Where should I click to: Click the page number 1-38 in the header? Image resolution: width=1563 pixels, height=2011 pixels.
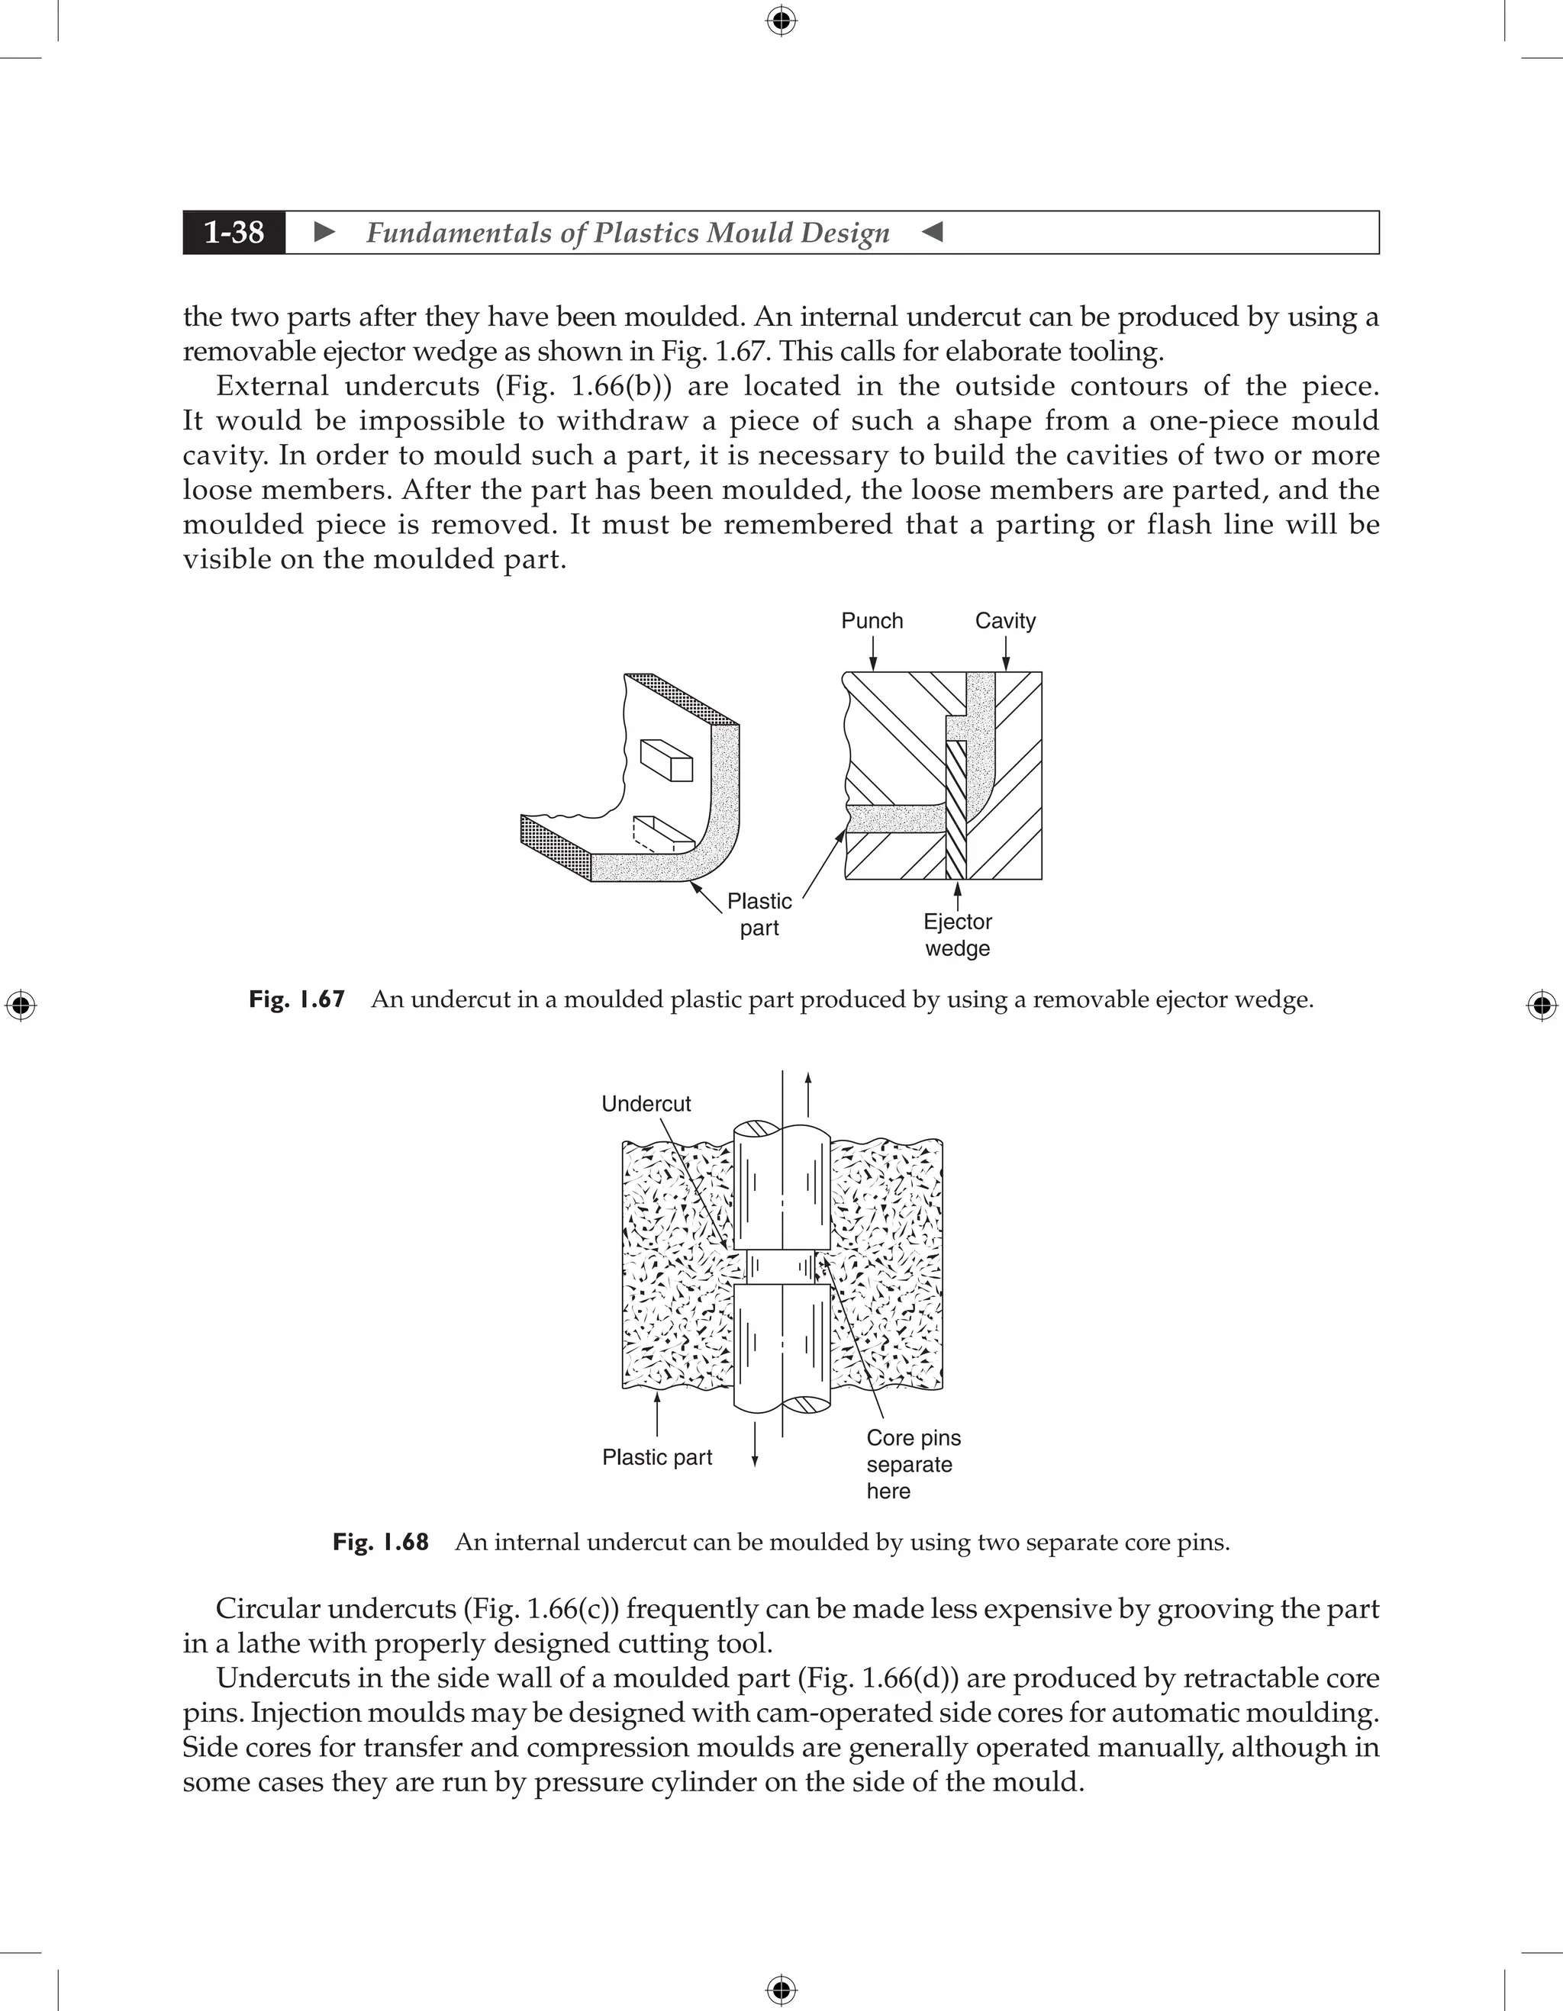tap(234, 232)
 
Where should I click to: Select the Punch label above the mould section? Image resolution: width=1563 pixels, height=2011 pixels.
tap(872, 620)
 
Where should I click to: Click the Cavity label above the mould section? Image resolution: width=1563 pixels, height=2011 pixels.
tap(1005, 620)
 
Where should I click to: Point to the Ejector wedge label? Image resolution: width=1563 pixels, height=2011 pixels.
tap(957, 935)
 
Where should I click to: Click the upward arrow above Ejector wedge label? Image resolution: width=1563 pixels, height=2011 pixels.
tap(957, 894)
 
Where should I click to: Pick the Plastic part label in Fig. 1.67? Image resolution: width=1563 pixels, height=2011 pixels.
tap(759, 915)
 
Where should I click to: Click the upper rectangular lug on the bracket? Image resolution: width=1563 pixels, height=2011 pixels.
tap(666, 760)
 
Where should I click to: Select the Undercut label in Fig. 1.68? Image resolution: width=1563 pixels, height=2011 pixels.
tap(646, 1103)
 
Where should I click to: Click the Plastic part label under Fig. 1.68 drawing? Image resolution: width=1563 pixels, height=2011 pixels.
tap(656, 1456)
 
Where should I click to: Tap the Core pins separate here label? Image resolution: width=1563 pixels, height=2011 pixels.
tap(912, 1464)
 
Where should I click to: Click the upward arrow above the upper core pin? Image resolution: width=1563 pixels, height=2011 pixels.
tap(807, 1091)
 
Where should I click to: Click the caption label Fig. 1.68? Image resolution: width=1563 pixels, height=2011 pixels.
tap(380, 1541)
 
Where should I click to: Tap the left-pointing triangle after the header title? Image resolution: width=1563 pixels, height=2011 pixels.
tap(932, 232)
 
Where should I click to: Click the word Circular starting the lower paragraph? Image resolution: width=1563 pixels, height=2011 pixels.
tap(268, 1609)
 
